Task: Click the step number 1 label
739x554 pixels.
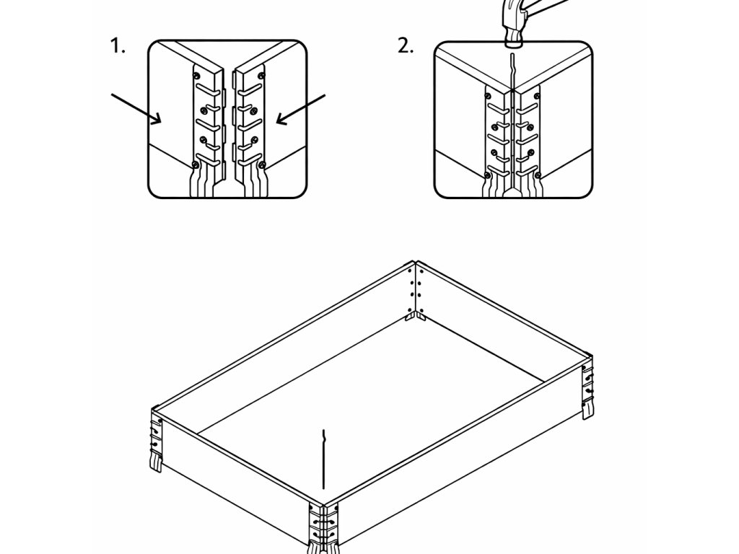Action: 117,47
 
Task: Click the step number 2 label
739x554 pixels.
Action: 406,47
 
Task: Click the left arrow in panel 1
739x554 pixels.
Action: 136,108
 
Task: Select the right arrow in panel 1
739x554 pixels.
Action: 302,109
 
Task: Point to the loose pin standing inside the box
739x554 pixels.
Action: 325,458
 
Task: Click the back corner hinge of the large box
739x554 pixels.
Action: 415,289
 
